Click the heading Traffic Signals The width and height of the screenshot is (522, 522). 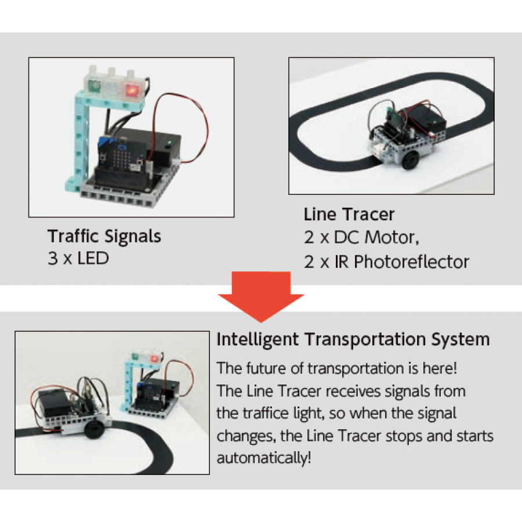pos(104,237)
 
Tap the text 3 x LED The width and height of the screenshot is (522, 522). pos(78,258)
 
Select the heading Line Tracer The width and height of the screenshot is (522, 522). pos(349,215)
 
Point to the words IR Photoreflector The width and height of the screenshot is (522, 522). pos(411,262)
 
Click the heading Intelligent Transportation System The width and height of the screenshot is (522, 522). pos(353,339)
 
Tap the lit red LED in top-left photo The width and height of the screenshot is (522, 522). pos(132,90)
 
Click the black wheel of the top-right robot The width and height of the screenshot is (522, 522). pos(411,159)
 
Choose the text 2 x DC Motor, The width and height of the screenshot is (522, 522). pos(361,238)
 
